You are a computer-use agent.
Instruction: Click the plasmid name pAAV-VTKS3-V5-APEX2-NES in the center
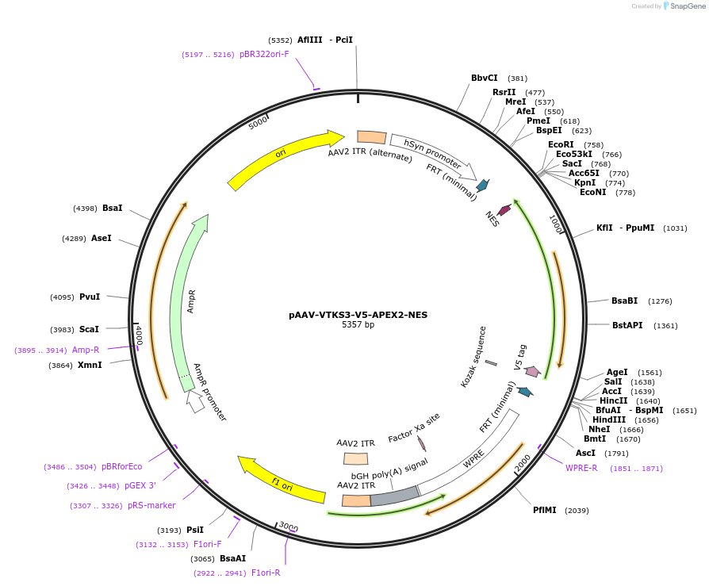(x=358, y=315)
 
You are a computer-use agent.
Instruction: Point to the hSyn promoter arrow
(x=433, y=155)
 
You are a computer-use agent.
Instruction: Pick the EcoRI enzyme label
(x=561, y=144)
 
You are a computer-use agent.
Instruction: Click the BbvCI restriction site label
(x=484, y=78)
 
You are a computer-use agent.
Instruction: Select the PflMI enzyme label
(x=545, y=510)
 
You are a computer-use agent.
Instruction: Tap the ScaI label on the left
(x=89, y=329)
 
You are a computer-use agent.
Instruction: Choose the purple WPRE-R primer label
(x=581, y=468)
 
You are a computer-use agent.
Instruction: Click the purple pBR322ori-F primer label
(x=264, y=55)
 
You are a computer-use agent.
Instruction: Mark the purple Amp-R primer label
(x=86, y=350)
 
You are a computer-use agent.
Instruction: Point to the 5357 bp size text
(x=358, y=325)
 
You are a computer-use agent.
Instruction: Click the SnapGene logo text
(x=688, y=6)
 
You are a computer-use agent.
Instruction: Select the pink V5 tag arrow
(x=533, y=371)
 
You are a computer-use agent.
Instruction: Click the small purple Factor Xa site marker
(x=421, y=444)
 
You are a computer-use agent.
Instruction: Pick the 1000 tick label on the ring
(x=556, y=225)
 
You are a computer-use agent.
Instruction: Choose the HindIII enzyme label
(x=608, y=419)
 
